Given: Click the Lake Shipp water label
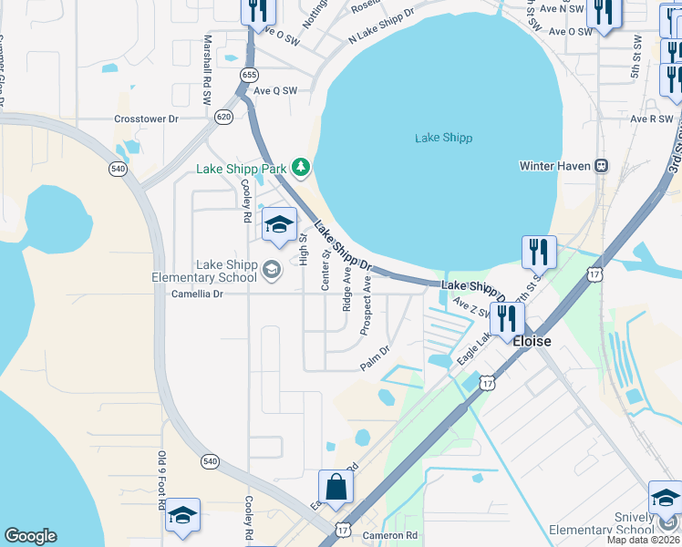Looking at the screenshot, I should tap(443, 138).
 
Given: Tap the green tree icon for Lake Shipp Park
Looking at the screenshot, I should tap(301, 168).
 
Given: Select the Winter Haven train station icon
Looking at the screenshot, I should tap(601, 166).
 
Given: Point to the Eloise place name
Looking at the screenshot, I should tap(532, 341).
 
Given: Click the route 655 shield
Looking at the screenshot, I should tap(249, 73).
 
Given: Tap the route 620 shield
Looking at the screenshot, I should tap(223, 117).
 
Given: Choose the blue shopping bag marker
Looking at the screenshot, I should tap(336, 489).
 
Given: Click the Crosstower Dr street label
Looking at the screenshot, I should tap(146, 119).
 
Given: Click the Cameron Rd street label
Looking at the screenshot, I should tap(389, 535).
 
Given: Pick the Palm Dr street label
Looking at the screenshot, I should tap(375, 357).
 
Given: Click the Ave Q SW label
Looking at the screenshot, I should tap(275, 90).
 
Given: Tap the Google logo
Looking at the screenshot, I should tap(30, 536).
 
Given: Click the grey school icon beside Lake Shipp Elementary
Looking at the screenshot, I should tap(271, 269).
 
